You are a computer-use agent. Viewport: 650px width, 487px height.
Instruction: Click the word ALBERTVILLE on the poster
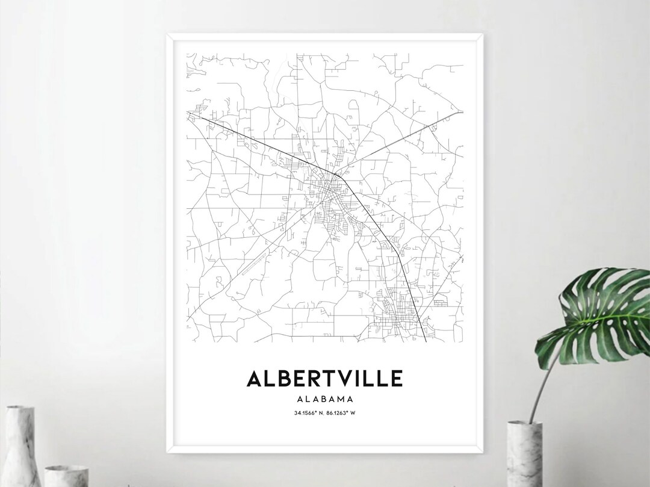(x=324, y=379)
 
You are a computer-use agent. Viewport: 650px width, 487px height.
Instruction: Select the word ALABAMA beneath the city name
(x=324, y=399)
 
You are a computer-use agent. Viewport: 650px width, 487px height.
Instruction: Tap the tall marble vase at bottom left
(x=22, y=445)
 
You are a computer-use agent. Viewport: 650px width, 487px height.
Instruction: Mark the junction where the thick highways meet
(x=341, y=174)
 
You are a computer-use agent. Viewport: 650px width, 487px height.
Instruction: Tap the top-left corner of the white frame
(x=167, y=34)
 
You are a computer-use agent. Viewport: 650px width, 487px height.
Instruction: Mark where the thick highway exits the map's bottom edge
(x=426, y=341)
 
